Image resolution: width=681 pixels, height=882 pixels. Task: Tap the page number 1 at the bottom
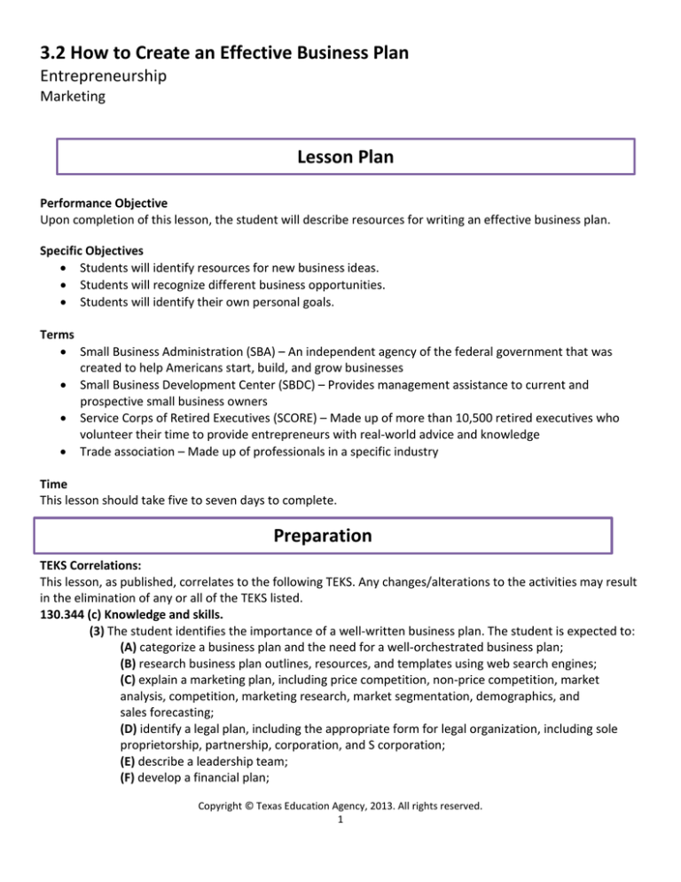point(340,853)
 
